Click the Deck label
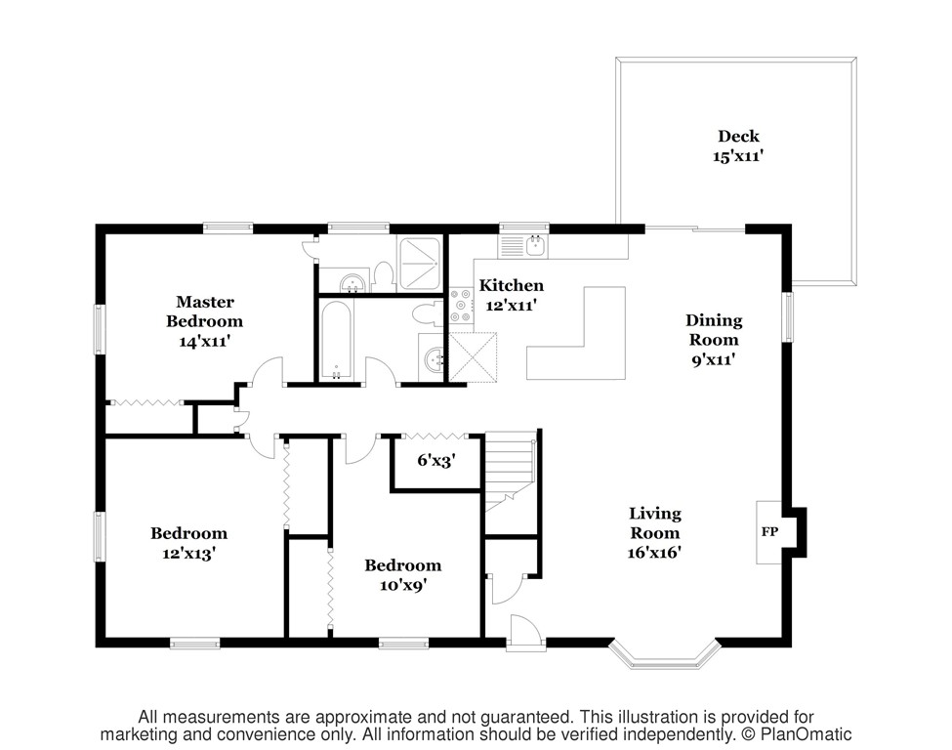tap(738, 136)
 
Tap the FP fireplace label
tap(769, 531)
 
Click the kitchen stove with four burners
tap(462, 305)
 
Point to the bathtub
tap(335, 339)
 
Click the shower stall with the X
tap(418, 264)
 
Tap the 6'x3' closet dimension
tap(436, 460)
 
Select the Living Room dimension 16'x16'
tap(654, 552)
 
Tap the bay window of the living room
tap(665, 654)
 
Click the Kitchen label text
tap(512, 285)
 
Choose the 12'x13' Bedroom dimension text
tap(188, 554)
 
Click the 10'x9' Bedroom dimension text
tap(402, 585)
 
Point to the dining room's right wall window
tap(787, 317)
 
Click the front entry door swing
tap(522, 633)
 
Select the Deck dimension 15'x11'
tap(738, 156)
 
